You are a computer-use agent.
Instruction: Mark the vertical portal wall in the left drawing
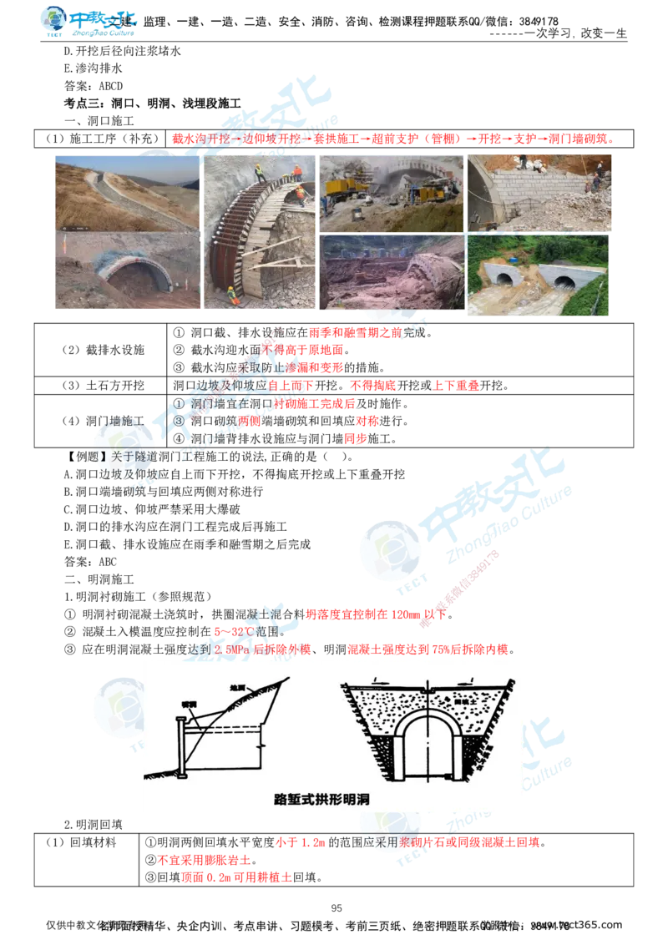coord(182,740)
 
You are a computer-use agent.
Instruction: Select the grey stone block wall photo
coord(540,195)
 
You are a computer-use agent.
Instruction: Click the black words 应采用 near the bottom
coord(374,842)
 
